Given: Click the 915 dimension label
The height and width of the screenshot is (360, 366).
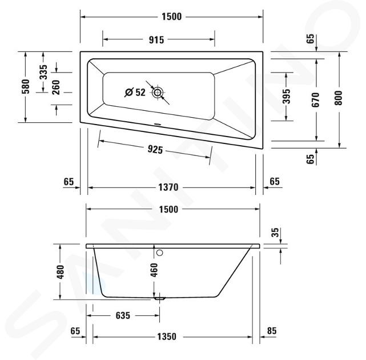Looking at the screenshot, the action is [156, 40].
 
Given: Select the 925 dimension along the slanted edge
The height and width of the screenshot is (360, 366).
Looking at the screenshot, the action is [155, 149].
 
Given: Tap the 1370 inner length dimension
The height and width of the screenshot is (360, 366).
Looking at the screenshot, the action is [168, 187].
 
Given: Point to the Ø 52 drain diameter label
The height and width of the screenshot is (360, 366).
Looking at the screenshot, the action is [135, 93].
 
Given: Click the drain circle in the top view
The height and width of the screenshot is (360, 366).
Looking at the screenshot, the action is [158, 93].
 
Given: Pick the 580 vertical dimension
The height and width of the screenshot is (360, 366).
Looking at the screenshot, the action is [26, 86].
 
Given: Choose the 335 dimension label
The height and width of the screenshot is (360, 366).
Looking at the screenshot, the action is [43, 72].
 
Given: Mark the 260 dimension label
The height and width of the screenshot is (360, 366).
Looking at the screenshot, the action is [56, 87].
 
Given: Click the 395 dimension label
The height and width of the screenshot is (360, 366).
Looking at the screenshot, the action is [287, 96].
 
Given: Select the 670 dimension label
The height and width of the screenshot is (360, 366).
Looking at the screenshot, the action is [316, 100].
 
